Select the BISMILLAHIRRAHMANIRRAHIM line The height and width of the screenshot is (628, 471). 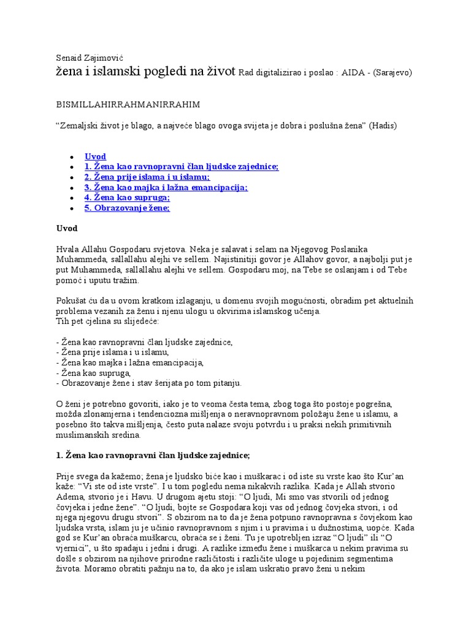[x=128, y=104]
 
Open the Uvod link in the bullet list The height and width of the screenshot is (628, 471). [x=95, y=156]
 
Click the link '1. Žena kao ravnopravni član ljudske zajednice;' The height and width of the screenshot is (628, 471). [x=182, y=167]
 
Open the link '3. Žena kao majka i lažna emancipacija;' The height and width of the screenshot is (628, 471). [x=166, y=188]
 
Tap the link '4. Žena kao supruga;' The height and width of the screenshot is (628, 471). [x=127, y=197]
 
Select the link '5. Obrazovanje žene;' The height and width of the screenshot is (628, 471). [x=127, y=208]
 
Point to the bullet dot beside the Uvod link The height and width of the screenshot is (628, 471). [x=73, y=157]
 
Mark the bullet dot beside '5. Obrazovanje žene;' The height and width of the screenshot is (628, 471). [x=73, y=209]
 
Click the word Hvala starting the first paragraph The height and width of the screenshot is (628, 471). [x=67, y=249]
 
